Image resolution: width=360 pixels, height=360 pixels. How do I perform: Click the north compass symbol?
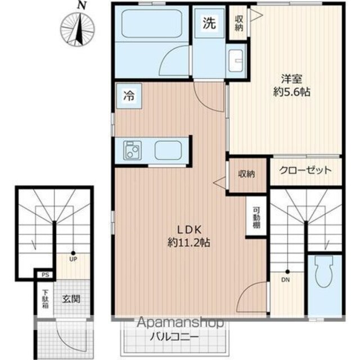78,29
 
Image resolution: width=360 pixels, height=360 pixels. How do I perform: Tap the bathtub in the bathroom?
152,24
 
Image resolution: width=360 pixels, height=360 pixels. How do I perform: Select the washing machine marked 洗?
209,23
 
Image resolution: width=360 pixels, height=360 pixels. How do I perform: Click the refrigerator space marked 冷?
129,96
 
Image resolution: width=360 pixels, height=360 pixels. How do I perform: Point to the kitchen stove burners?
132,150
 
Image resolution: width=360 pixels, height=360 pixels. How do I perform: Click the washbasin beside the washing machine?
236,60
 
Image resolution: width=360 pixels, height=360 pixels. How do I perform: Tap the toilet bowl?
324,272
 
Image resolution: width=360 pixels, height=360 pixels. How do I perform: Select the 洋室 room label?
291,79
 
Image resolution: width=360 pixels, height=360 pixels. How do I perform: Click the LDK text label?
189,229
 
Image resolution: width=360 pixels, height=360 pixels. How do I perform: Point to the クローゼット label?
305,170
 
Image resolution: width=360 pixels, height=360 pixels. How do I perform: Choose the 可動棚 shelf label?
256,218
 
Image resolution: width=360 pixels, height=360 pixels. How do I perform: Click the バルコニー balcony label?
174,337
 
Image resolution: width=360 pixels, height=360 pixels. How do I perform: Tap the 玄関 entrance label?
71,299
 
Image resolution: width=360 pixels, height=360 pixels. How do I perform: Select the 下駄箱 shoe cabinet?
45,299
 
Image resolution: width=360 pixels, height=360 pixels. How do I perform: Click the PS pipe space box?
45,275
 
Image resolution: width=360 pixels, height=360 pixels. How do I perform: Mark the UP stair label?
73,259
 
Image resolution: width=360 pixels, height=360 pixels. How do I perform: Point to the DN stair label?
285,280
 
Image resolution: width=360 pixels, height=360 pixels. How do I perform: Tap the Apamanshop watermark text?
181,322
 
